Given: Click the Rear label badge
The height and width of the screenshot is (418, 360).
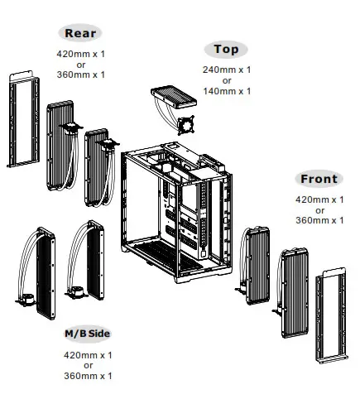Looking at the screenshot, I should pyautogui.click(x=80, y=33).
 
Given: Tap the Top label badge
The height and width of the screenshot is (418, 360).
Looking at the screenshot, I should pyautogui.click(x=226, y=50).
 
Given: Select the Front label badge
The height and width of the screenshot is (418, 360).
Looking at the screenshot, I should pyautogui.click(x=319, y=179).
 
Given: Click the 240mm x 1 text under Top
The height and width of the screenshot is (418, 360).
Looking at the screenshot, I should pyautogui.click(x=226, y=70).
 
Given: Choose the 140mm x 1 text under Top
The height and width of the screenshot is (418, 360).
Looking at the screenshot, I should pyautogui.click(x=226, y=91).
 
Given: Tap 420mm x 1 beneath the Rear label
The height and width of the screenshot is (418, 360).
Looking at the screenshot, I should pyautogui.click(x=80, y=54).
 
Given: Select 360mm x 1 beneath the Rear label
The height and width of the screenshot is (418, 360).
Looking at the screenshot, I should pyautogui.click(x=80, y=75).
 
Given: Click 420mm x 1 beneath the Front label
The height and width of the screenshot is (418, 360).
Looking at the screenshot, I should pyautogui.click(x=319, y=199).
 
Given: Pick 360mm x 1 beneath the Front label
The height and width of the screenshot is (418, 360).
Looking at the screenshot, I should pyautogui.click(x=319, y=220).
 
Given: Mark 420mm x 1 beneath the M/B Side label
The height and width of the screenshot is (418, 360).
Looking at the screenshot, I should pyautogui.click(x=88, y=354).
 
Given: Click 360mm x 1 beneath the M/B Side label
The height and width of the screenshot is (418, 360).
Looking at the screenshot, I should pyautogui.click(x=88, y=376).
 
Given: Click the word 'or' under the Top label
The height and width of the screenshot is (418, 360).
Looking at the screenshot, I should pyautogui.click(x=226, y=80).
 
